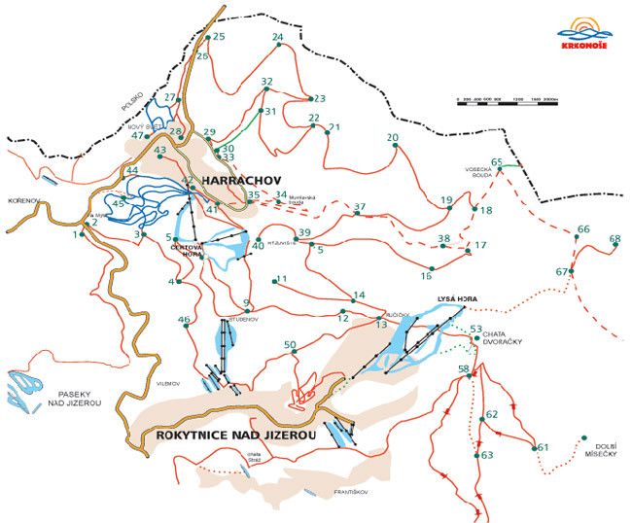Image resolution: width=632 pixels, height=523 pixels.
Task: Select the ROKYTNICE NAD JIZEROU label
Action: (235, 436)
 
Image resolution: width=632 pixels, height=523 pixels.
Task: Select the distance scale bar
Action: (507, 99)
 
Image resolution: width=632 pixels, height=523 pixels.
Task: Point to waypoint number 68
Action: (614, 239)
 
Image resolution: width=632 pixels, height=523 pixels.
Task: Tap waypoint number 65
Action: (497, 163)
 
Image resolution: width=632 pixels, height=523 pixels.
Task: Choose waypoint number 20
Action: (393, 138)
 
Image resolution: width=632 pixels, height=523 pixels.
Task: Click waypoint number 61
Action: (543, 447)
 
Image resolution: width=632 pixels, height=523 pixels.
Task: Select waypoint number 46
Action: (184, 321)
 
